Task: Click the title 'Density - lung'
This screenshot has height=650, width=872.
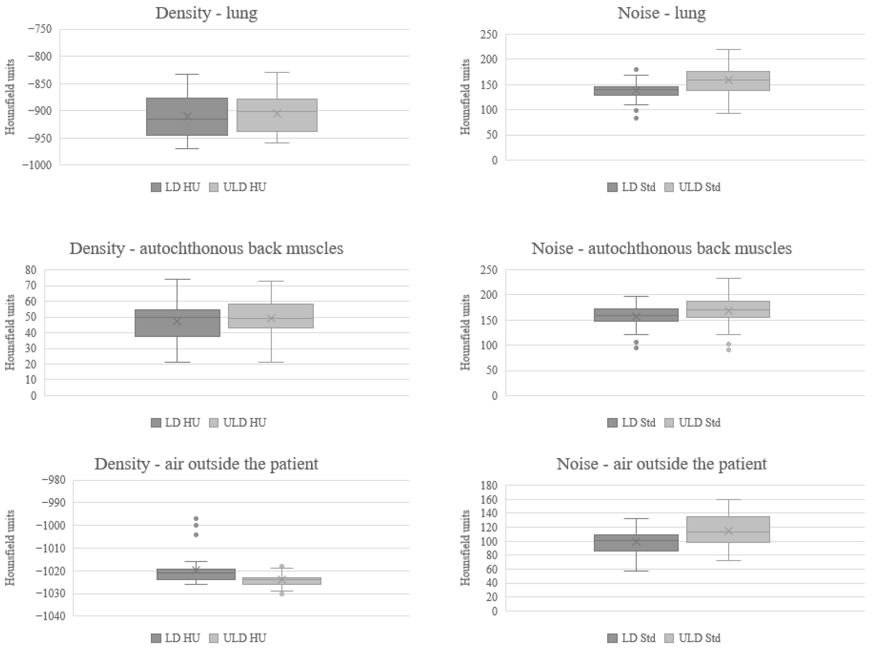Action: click(x=206, y=13)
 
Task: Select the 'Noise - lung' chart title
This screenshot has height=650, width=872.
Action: click(x=662, y=13)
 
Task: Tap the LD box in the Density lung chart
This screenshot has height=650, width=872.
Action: click(x=187, y=116)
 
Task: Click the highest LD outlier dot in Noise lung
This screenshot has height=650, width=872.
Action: click(x=636, y=70)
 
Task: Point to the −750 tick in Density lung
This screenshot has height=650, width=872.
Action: click(x=39, y=29)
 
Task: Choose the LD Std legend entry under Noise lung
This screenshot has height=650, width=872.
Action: click(x=631, y=187)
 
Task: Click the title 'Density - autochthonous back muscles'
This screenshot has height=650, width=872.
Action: click(x=206, y=249)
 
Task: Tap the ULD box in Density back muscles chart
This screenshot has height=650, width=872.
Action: click(x=271, y=316)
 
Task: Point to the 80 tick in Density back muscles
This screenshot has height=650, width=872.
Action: click(x=30, y=270)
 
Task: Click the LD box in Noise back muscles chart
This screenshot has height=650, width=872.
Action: click(x=636, y=315)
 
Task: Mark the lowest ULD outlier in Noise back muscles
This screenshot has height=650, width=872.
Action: click(x=728, y=350)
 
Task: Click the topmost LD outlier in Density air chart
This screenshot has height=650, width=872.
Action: click(x=196, y=519)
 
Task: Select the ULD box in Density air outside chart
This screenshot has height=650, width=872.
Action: click(x=281, y=581)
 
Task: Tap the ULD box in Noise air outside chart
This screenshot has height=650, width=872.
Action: click(x=728, y=530)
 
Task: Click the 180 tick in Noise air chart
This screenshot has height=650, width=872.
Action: click(x=490, y=486)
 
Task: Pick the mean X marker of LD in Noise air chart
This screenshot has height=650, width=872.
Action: click(x=636, y=542)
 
